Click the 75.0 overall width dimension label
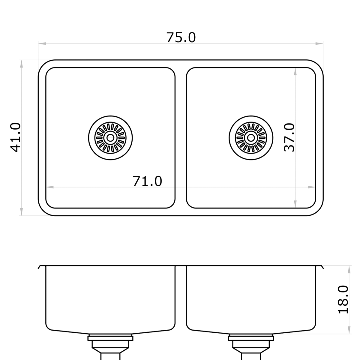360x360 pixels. point(181,37)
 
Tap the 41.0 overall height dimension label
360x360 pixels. point(15,137)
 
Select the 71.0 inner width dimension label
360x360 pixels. point(147,181)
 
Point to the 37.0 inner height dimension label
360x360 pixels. point(289,137)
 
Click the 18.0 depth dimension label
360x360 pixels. point(343,299)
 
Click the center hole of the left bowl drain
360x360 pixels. point(110,138)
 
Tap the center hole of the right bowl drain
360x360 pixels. point(251,138)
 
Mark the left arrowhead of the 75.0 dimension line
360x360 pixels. point(42,43)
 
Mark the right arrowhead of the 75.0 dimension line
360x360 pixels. point(319,43)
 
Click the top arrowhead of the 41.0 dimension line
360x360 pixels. point(22,64)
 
